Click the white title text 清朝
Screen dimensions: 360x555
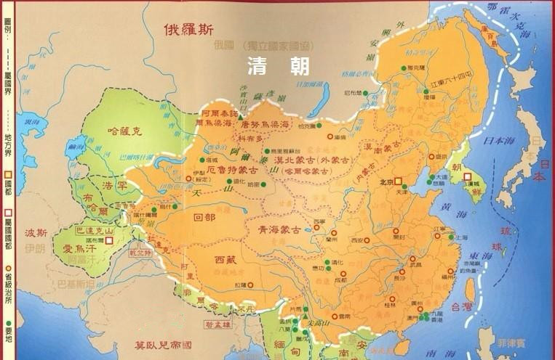click(278, 66)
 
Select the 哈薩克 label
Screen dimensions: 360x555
click(122, 131)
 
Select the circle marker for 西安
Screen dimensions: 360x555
click(367, 240)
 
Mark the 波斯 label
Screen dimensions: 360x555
click(36, 234)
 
